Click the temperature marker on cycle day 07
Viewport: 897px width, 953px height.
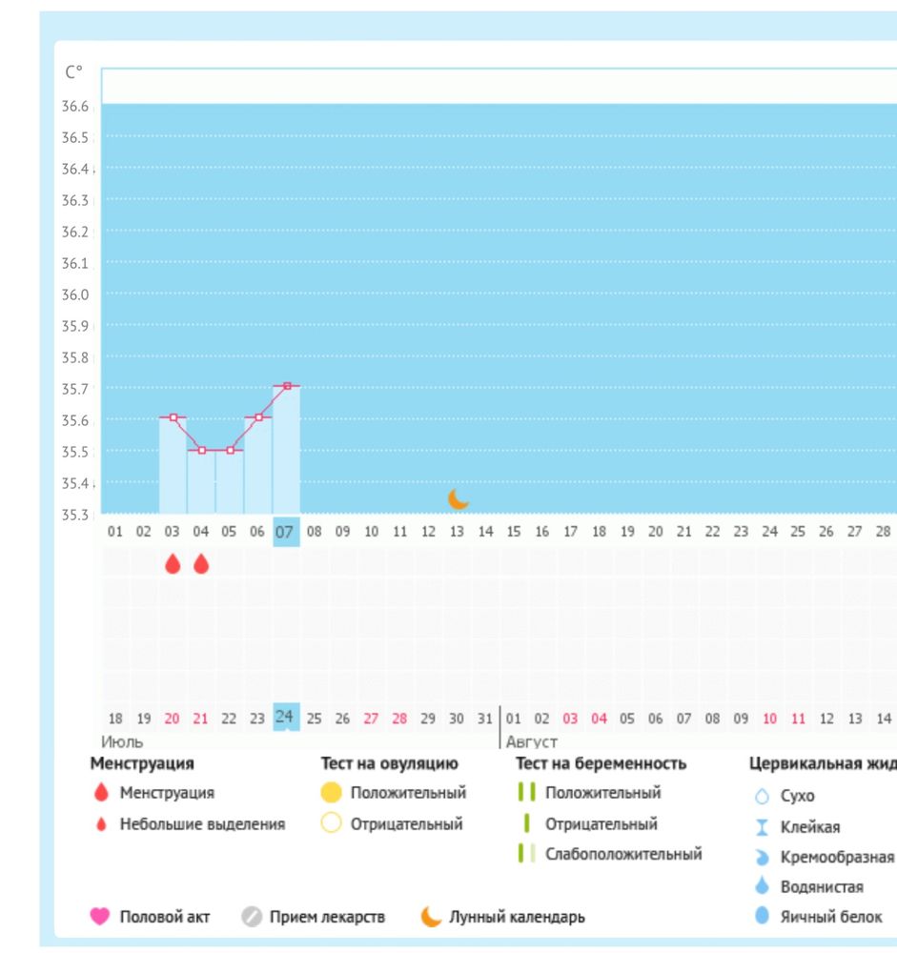tap(287, 386)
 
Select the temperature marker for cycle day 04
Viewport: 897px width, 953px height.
tap(201, 450)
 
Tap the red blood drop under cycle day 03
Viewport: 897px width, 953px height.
tap(173, 564)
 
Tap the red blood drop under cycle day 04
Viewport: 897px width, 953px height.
tap(201, 564)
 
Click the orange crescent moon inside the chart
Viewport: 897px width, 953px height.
tap(459, 498)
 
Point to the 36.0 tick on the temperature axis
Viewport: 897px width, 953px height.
tap(74, 294)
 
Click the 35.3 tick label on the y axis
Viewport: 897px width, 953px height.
tap(74, 515)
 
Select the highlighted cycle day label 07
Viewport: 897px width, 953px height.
tap(285, 532)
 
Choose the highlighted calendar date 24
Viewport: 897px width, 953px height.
tap(285, 717)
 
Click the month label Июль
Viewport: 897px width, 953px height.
tap(122, 740)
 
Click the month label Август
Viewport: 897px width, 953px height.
tap(532, 740)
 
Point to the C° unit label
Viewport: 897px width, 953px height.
tap(73, 71)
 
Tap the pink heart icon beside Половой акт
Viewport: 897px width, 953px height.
tap(99, 917)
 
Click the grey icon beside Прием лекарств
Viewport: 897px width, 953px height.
tap(252, 917)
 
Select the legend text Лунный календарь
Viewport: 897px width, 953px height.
tap(517, 917)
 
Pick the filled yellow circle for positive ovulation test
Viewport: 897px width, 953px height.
tap(332, 792)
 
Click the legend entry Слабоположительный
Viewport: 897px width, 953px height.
tap(622, 854)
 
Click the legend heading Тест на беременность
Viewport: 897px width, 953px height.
tap(601, 763)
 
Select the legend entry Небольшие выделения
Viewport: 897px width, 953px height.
tap(202, 824)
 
